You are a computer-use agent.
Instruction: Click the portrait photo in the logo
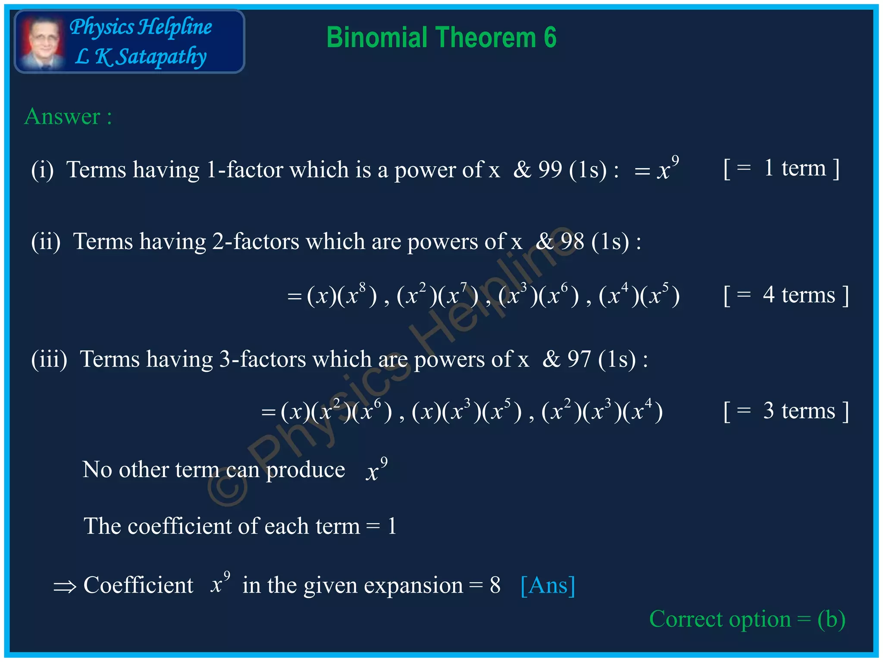coord(42,42)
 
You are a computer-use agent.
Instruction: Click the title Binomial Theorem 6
coord(441,37)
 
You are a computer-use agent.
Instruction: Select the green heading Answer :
coord(68,116)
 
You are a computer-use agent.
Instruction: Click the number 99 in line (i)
coord(550,169)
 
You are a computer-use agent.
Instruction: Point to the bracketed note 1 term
coord(781,168)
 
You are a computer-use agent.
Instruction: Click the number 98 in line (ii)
coord(573,241)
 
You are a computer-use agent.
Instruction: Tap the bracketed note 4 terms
coord(786,296)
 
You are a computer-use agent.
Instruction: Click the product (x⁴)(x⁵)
coord(639,296)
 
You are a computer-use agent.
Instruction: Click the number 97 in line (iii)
coord(579,359)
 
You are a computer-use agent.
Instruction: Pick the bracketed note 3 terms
coord(786,411)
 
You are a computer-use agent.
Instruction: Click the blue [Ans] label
coord(548,585)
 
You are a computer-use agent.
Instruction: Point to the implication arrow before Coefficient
coord(65,587)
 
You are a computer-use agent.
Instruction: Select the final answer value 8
coord(495,585)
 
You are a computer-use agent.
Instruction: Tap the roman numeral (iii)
coord(49,359)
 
